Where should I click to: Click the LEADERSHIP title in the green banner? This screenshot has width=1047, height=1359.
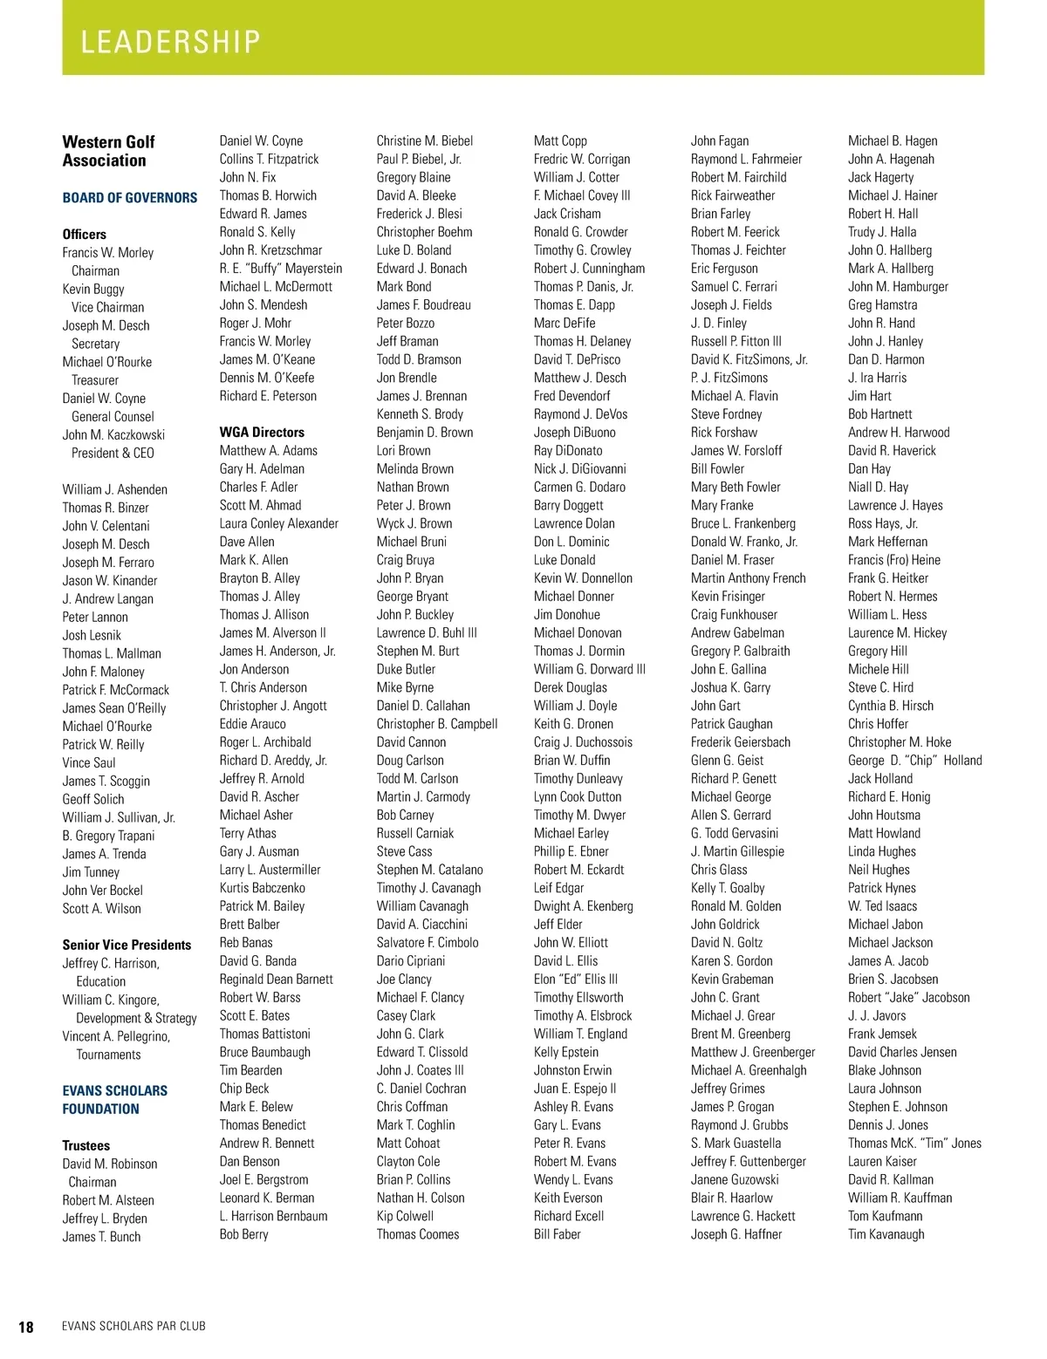171,42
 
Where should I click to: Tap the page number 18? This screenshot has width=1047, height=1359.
26,1327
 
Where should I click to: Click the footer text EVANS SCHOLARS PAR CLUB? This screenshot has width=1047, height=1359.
133,1326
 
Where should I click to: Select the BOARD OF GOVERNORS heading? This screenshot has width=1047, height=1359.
130,198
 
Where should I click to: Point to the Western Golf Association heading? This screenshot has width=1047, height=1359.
108,151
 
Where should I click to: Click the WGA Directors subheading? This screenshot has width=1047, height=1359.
262,432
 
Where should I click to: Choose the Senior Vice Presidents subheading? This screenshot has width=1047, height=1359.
127,945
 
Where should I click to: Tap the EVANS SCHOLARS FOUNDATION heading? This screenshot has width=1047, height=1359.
114,1100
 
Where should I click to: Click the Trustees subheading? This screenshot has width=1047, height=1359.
86,1145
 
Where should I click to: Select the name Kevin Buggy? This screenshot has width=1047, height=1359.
93,289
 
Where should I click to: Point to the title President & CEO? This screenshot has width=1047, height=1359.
113,453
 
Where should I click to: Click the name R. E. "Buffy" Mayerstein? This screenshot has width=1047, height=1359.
281,269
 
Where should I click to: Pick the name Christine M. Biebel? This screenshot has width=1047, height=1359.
425,140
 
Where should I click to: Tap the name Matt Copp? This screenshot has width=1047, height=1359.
560,140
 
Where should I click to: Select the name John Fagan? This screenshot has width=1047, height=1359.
720,140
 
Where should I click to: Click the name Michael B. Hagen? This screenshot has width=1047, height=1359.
893,140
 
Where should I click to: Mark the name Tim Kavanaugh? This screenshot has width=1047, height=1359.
886,1234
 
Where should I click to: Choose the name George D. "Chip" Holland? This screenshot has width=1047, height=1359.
915,761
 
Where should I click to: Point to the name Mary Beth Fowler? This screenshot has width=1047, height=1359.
736,487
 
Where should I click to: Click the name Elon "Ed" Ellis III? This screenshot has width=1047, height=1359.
576,979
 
